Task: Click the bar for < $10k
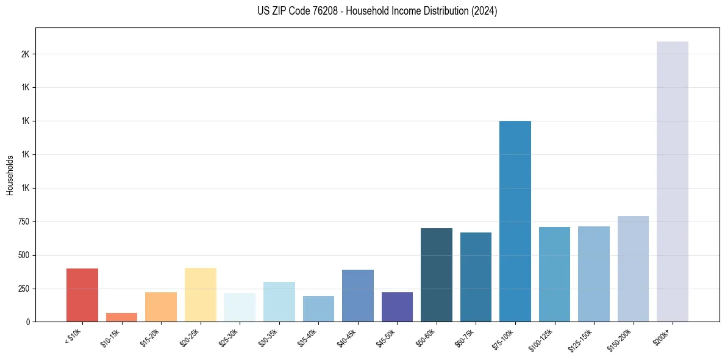coord(82,295)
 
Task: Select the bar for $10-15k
coord(121,317)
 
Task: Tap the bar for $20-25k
coord(200,294)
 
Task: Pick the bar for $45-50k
coord(397,307)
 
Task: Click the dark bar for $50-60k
coord(437,275)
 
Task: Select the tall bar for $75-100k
coord(515,221)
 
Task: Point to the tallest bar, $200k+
coord(673,181)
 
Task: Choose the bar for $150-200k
coord(633,268)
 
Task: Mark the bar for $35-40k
coord(318,309)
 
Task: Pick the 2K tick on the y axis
coord(25,54)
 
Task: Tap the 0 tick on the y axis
coord(27,322)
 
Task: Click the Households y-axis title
coord(10,175)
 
